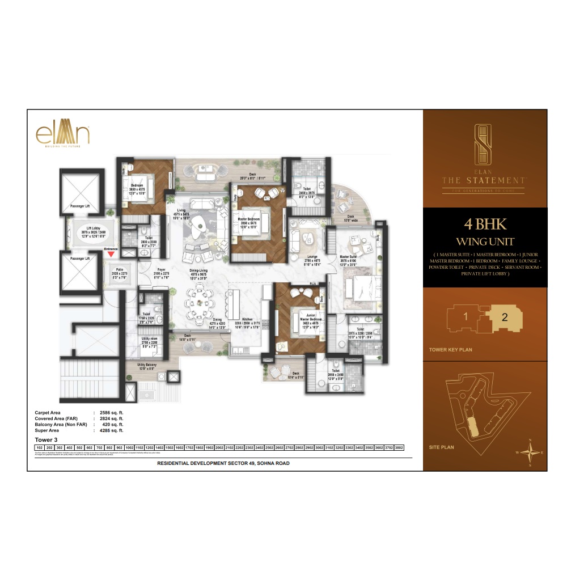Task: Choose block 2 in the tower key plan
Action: [x=505, y=316]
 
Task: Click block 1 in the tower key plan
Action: [x=466, y=316]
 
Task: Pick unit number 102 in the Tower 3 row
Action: [x=40, y=447]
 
